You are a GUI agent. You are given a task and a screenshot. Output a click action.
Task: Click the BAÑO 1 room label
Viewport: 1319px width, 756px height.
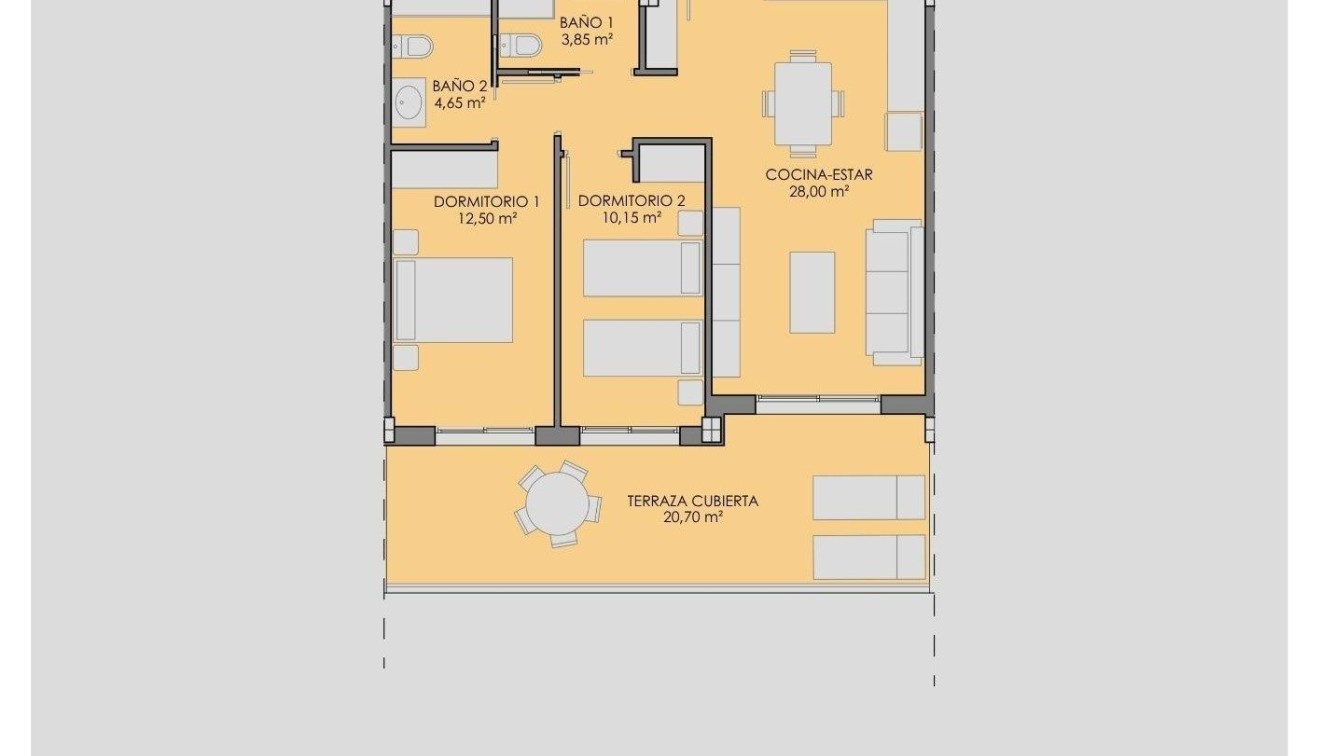coord(586,22)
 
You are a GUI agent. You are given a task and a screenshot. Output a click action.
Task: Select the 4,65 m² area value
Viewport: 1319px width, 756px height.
coord(460,102)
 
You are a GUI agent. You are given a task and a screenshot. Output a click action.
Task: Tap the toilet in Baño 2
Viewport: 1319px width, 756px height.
coord(412,46)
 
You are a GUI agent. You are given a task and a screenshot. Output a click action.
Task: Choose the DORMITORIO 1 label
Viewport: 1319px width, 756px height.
coord(486,201)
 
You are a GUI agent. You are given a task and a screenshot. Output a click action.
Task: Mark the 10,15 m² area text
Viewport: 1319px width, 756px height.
coord(631,218)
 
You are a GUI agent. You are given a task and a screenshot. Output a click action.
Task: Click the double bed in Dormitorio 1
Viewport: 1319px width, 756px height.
coord(454,300)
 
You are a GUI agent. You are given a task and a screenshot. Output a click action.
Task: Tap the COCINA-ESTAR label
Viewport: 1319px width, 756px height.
coord(819,174)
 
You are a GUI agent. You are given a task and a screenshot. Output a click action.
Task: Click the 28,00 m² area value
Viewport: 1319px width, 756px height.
coord(819,192)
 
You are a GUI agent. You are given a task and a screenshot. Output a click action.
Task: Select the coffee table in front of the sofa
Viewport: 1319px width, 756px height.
coord(812,292)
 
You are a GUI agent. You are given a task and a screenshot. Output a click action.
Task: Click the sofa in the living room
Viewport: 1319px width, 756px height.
coord(894,292)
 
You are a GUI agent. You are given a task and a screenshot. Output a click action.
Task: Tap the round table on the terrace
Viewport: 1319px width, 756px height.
coord(558,504)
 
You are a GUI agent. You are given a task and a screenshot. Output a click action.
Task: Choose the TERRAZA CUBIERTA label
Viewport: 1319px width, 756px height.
coord(692,501)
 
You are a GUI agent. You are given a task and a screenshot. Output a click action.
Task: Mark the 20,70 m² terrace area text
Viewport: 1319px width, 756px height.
coord(692,518)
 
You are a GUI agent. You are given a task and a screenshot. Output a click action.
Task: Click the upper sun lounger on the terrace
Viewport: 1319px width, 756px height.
coord(868,497)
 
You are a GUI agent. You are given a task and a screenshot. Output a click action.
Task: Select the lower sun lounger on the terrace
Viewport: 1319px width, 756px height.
coord(868,557)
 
